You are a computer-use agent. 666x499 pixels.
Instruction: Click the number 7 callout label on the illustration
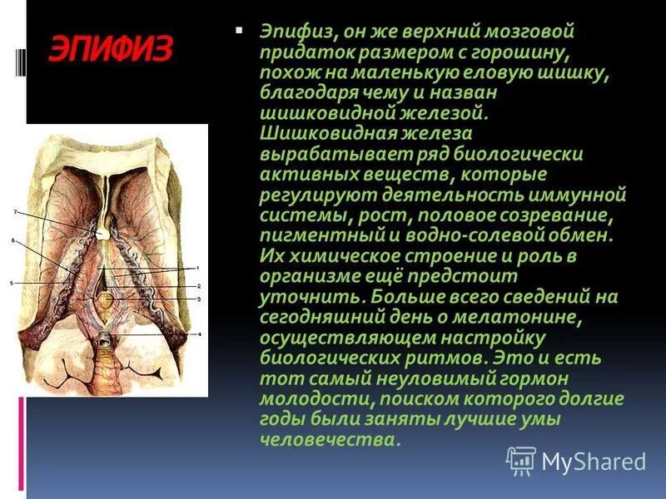pos(15,213)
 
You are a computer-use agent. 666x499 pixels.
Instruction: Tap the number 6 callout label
pos(13,240)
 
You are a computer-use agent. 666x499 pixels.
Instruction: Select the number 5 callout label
pos(12,284)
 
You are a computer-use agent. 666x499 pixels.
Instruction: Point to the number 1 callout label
pos(198,268)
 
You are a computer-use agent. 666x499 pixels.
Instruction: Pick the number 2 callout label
pos(198,284)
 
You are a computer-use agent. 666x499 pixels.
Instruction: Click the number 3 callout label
pos(198,298)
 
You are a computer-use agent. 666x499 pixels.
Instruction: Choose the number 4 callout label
pos(198,333)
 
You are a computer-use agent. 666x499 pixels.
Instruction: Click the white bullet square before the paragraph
pos(240,30)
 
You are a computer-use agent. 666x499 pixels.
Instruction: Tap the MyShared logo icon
pos(521,460)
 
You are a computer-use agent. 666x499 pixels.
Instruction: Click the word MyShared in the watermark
pos(594,461)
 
